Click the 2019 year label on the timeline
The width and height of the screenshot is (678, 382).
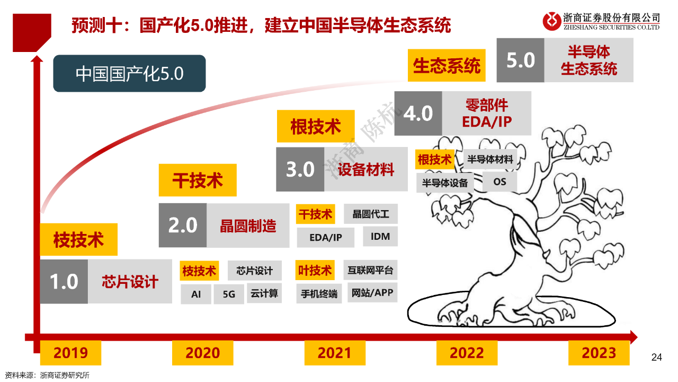tap(70, 353)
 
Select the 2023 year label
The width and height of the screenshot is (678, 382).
tap(599, 353)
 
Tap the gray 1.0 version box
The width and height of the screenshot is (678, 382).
tap(64, 281)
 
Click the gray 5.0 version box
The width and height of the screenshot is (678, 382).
tap(521, 60)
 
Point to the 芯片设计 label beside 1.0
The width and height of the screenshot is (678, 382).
tap(130, 281)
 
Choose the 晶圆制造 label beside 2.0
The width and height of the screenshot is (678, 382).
tap(248, 225)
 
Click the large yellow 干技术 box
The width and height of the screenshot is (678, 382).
tap(198, 180)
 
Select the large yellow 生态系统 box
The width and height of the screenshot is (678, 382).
tap(447, 65)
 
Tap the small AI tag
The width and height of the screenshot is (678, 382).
tap(196, 294)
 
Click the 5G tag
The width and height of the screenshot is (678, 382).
tap(229, 294)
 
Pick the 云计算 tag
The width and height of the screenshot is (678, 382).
tap(264, 293)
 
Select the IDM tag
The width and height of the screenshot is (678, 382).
tap(380, 236)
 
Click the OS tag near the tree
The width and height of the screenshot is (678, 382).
tap(499, 181)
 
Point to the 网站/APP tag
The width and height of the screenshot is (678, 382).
tap(372, 292)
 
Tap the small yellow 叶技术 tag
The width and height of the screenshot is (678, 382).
tap(315, 270)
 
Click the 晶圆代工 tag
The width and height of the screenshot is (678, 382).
tap(371, 214)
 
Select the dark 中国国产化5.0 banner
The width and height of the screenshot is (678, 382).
tap(130, 73)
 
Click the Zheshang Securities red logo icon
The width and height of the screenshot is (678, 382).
tap(552, 21)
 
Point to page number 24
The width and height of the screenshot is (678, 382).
tap(656, 357)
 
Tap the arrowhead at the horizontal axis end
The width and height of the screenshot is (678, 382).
tap(634, 337)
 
